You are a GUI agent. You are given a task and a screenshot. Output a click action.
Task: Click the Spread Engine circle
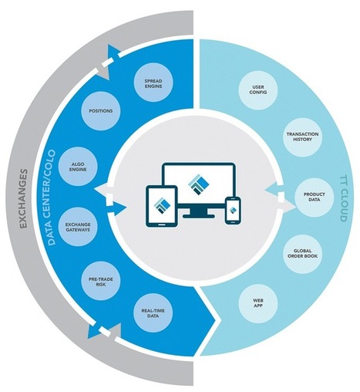[x=153, y=83]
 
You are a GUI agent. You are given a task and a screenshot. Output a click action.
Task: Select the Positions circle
[x=101, y=111]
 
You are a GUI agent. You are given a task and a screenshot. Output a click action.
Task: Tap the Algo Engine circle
[x=78, y=167]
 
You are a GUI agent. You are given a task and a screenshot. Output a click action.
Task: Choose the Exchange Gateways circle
[x=78, y=227]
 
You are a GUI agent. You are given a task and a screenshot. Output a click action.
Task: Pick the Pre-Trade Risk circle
[x=101, y=282]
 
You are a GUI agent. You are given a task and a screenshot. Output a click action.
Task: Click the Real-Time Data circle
[x=153, y=313]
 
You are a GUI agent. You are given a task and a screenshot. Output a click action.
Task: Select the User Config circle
[x=258, y=90]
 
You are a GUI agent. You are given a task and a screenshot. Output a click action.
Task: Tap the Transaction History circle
[x=302, y=137]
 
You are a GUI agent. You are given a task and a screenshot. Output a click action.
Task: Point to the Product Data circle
[x=314, y=197]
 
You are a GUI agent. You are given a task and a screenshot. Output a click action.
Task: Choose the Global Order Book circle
[x=302, y=253]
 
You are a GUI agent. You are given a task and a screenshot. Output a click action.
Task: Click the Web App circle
[x=258, y=303]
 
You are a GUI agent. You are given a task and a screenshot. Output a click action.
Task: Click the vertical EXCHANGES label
[x=23, y=198]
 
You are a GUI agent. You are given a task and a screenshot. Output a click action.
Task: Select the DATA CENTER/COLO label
[x=52, y=198]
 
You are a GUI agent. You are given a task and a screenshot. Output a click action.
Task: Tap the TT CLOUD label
[x=343, y=198]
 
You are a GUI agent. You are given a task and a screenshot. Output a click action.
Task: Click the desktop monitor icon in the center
[x=199, y=190]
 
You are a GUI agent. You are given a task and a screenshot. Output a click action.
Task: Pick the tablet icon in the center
[x=162, y=206]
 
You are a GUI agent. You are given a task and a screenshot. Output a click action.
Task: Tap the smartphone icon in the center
[x=233, y=210]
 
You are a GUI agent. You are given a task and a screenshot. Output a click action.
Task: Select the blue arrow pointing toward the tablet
[x=116, y=208]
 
